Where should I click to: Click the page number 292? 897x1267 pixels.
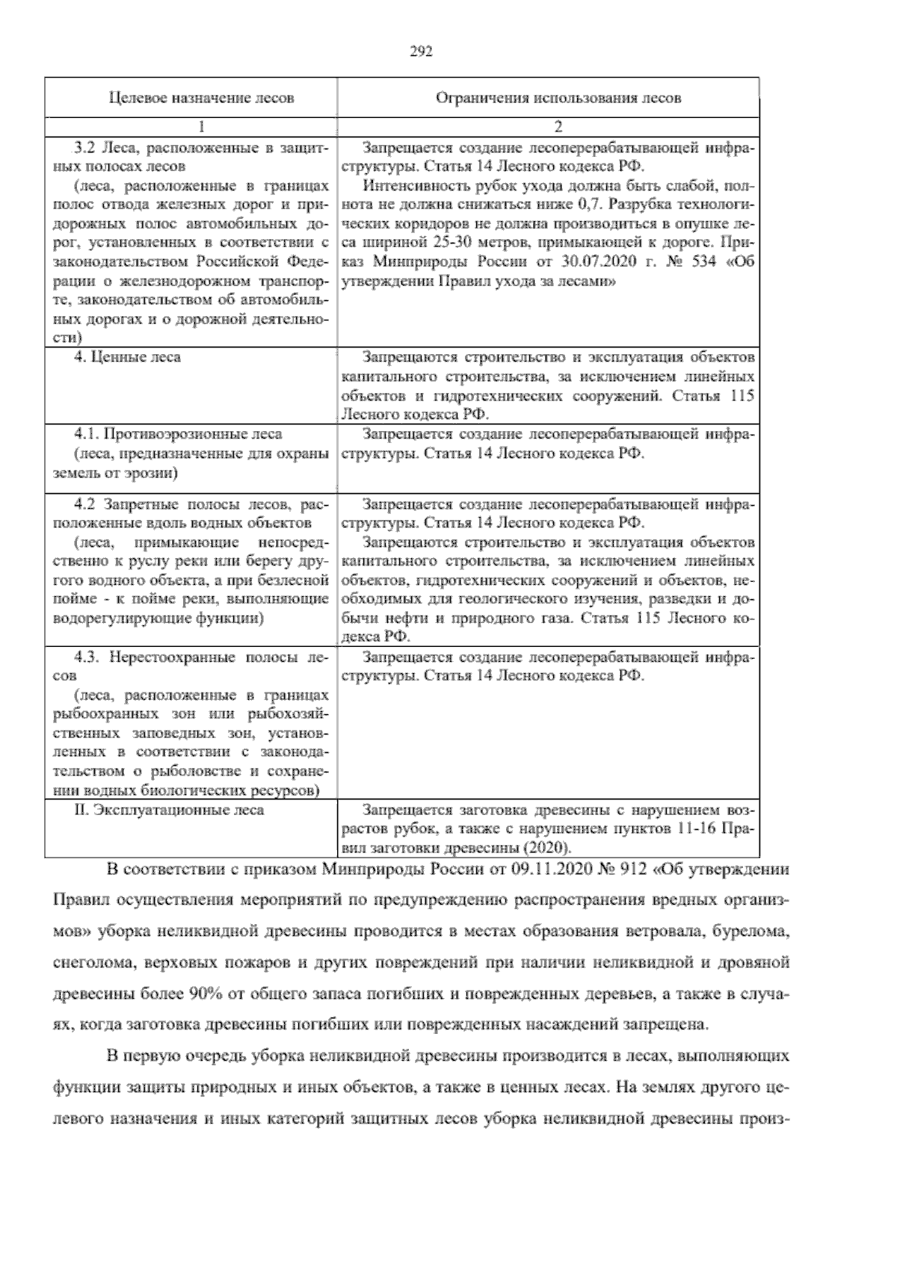(x=422, y=52)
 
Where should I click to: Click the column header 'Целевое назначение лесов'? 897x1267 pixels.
(x=191, y=98)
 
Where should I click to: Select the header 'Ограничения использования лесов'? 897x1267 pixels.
(x=548, y=98)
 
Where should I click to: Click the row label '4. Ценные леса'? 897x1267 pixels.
(x=127, y=357)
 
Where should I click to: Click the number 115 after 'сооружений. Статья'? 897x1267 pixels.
(x=741, y=396)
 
